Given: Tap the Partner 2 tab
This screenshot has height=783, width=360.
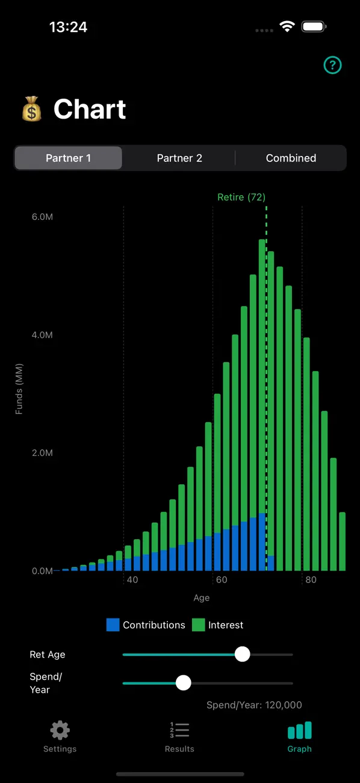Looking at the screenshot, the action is click(x=179, y=158).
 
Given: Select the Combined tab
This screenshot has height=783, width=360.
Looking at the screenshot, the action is click(x=291, y=158).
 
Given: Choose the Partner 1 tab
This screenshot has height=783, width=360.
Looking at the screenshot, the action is click(x=68, y=158).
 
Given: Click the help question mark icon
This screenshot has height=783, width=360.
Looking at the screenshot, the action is click(x=332, y=65).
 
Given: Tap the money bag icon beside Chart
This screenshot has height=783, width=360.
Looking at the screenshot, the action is click(x=32, y=108).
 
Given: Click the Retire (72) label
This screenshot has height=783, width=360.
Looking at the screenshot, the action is click(x=241, y=197).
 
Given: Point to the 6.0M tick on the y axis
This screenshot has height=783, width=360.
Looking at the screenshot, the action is click(x=42, y=217).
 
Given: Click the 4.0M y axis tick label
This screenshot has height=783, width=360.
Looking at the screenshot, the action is click(x=42, y=335).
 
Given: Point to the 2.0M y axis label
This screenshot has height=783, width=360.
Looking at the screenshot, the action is click(x=42, y=453).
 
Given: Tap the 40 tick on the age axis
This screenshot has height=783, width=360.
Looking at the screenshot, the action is click(x=132, y=579).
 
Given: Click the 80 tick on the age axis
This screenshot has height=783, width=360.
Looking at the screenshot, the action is click(x=311, y=579).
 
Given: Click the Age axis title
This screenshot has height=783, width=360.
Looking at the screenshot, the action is click(x=202, y=597).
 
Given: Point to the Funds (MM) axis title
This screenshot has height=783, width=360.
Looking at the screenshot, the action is click(x=19, y=389).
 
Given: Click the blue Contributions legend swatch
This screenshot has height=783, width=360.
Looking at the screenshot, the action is click(x=113, y=625).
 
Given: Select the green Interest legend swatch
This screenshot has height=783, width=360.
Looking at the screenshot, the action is click(x=199, y=625).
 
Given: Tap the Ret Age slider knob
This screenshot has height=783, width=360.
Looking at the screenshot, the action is click(x=242, y=654).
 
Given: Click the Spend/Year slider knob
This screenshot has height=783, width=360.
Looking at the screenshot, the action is click(x=183, y=682).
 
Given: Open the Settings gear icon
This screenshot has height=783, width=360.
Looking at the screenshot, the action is click(x=60, y=730).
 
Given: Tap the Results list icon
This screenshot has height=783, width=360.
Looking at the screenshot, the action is click(x=179, y=730).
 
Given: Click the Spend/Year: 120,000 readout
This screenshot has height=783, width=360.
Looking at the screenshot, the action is click(x=254, y=705).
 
